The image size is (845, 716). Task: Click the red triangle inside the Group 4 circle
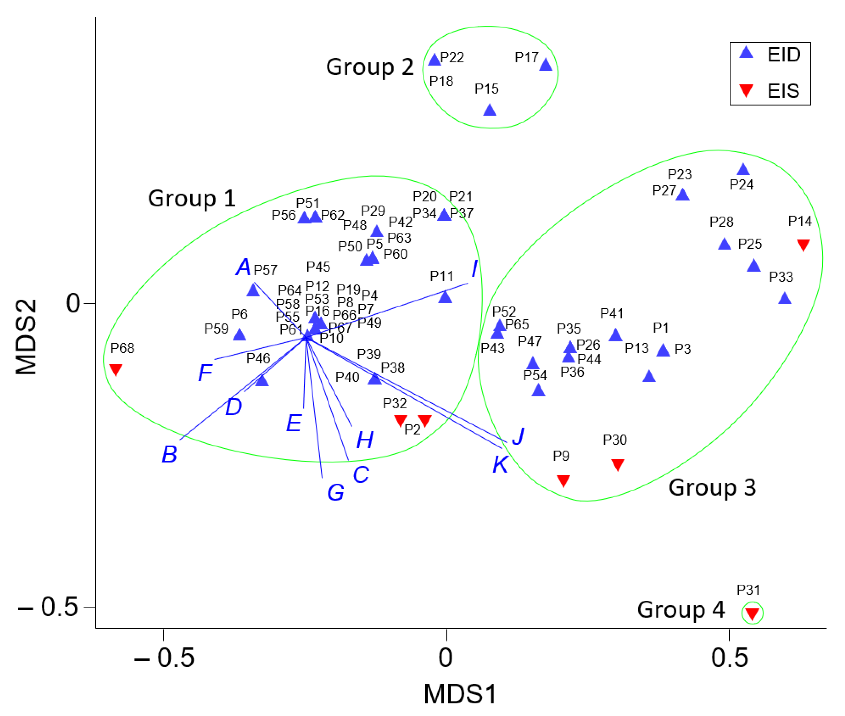click(x=752, y=613)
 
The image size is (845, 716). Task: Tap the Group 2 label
click(x=369, y=67)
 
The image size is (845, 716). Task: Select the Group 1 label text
click(x=191, y=199)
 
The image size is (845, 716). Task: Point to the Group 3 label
click(x=712, y=487)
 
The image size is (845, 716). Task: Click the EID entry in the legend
click(x=783, y=54)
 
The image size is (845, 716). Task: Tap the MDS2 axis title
click(x=26, y=337)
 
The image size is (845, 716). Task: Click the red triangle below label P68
click(x=116, y=369)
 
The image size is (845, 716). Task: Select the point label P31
click(x=748, y=590)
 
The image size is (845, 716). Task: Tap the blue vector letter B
click(x=169, y=454)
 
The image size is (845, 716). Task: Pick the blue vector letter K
click(x=500, y=464)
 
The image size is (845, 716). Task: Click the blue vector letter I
click(x=474, y=268)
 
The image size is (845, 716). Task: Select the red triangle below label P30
click(x=617, y=464)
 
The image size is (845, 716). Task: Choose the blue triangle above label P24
click(x=743, y=169)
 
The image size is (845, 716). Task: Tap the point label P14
click(x=800, y=221)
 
